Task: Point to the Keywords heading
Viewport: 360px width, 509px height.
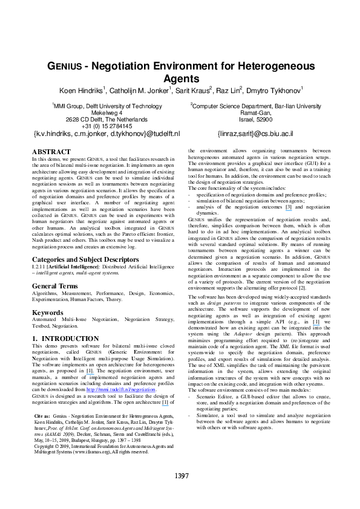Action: click(47, 313)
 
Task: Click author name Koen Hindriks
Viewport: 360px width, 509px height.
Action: click(81, 91)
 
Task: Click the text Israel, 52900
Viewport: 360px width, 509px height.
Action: click(256, 118)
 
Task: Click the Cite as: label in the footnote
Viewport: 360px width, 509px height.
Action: click(42, 417)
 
